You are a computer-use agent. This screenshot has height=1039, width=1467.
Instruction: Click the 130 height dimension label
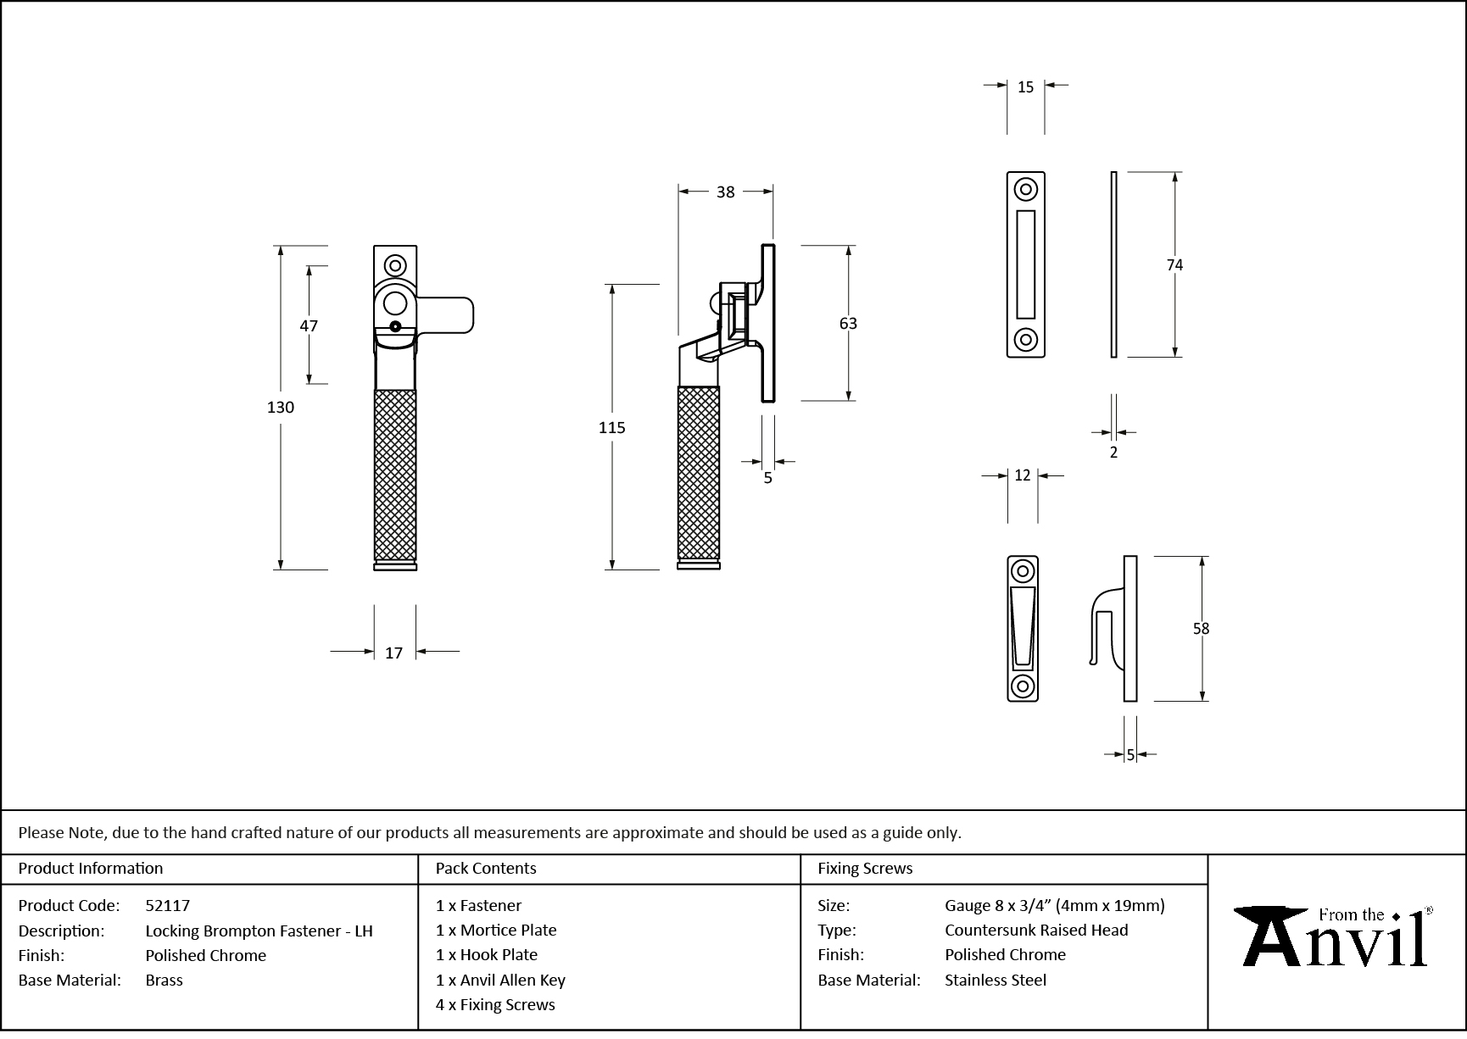(x=281, y=408)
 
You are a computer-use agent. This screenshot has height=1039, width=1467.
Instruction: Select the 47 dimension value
(x=309, y=325)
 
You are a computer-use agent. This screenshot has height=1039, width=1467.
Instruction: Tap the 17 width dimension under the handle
(x=393, y=653)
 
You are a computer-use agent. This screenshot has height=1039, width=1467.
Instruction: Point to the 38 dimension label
(x=725, y=192)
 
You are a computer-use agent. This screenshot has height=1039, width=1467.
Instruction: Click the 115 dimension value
(x=611, y=428)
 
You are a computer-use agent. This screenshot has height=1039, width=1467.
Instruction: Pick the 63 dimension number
(x=848, y=324)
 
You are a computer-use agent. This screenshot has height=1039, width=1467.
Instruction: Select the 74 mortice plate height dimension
(x=1174, y=265)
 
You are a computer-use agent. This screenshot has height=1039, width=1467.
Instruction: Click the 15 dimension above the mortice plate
(x=1025, y=87)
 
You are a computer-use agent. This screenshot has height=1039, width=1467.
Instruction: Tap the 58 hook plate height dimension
(x=1201, y=629)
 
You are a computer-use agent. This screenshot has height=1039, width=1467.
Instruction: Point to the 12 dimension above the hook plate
(x=1022, y=476)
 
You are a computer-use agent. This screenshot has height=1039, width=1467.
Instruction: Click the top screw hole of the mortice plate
(x=1026, y=190)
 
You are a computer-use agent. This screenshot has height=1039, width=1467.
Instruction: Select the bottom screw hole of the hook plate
(x=1023, y=686)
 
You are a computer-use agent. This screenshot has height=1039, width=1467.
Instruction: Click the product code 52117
(x=168, y=905)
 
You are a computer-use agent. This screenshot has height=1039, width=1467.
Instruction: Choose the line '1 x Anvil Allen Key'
(x=500, y=980)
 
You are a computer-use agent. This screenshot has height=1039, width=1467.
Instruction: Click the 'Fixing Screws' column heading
(x=865, y=868)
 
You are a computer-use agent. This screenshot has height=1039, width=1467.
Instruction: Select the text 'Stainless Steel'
(x=996, y=980)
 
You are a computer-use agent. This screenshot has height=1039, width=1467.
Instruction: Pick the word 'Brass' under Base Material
(x=164, y=980)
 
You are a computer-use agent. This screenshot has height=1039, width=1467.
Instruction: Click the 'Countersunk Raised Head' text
(x=1036, y=930)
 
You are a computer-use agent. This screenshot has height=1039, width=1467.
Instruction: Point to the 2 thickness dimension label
(x=1113, y=453)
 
